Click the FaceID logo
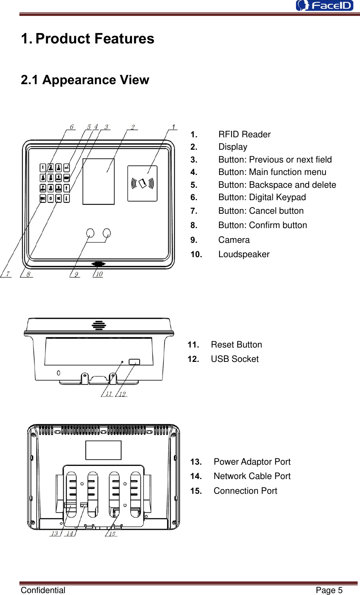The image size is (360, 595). point(325,5)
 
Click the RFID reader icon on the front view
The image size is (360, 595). point(142,183)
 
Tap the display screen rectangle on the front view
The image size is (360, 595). point(99,181)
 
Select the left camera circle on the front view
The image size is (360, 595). point(90,233)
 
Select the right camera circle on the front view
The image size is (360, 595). point(107,233)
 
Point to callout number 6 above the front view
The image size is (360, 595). point(72,127)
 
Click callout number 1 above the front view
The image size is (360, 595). point(173,127)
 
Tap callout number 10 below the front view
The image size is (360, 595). point(99,274)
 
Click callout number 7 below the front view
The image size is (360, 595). point(7,274)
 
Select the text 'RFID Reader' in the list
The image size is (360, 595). point(244,134)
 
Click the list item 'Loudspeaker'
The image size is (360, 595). point(244,254)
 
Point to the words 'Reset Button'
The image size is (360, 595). point(236,344)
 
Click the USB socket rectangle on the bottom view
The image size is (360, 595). point(134,362)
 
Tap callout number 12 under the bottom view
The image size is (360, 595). point(122,394)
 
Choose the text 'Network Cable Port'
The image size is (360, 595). point(252,476)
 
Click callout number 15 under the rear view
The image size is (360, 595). point(112,534)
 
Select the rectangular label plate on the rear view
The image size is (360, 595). point(103,450)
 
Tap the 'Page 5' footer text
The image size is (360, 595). point(329,590)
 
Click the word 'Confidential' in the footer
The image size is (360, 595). point(43,590)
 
